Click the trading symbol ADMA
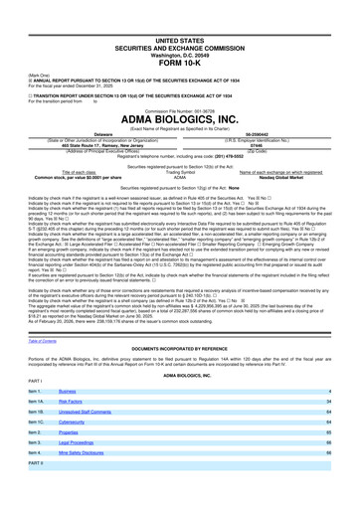point(180,178)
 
